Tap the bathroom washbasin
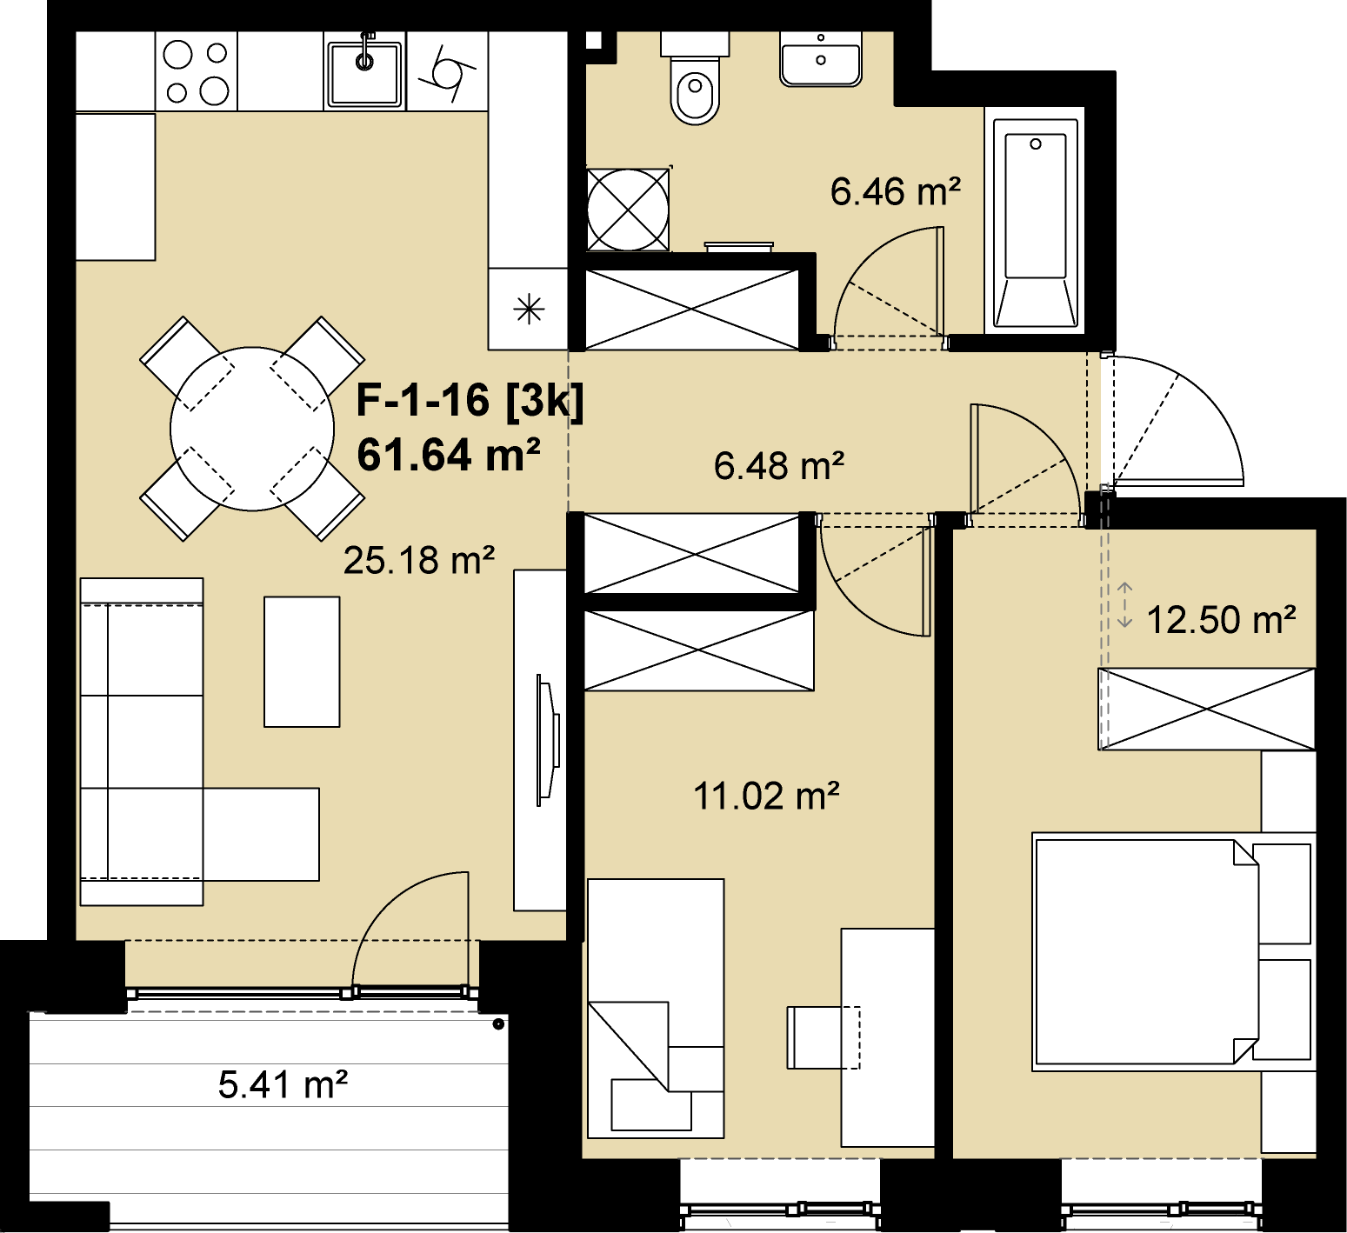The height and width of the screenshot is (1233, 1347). pos(821,59)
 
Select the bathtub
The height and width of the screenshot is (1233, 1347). pos(1035,221)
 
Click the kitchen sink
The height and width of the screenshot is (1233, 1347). pos(365,72)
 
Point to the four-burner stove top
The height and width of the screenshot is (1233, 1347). pos(197,72)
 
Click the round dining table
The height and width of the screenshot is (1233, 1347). pos(252,429)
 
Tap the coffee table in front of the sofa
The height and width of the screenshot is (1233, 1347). pos(302,662)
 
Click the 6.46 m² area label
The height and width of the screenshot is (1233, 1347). pos(896,191)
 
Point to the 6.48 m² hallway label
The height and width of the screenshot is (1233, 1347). pos(779,466)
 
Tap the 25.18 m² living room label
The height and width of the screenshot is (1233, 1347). pos(419,561)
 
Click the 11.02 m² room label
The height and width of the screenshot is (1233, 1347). pos(766,796)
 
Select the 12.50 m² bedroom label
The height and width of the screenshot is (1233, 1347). pos(1221,620)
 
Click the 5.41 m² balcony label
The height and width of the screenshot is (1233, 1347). pos(283,1084)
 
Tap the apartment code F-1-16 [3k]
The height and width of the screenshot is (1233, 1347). pos(470,401)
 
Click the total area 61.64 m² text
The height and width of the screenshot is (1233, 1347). pos(449,455)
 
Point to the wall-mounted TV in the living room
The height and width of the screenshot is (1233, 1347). pos(548,741)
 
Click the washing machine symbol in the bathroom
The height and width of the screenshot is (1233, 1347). pos(628,210)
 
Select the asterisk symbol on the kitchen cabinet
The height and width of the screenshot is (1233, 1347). pos(529,310)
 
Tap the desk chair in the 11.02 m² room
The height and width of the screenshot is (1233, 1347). pos(824,1037)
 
